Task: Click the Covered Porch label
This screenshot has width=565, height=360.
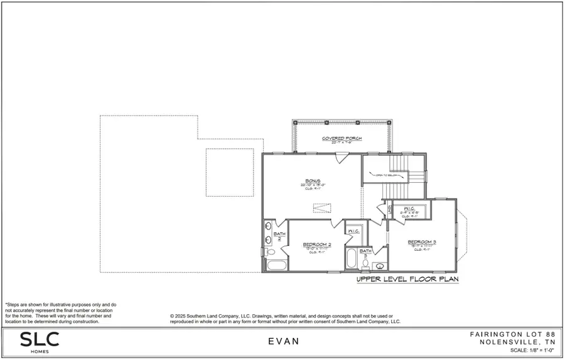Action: click(x=342, y=139)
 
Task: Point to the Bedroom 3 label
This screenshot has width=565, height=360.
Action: click(x=422, y=241)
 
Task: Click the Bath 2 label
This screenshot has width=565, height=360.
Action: click(x=277, y=234)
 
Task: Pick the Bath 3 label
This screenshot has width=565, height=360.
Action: click(x=365, y=250)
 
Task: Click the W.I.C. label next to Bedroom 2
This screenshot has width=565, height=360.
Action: click(x=353, y=231)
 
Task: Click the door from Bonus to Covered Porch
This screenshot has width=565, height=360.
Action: click(x=338, y=158)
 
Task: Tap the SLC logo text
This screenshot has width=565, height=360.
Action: click(x=39, y=339)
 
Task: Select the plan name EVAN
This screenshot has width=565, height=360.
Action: click(x=282, y=342)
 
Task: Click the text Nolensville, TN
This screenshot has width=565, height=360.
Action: click(x=517, y=342)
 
